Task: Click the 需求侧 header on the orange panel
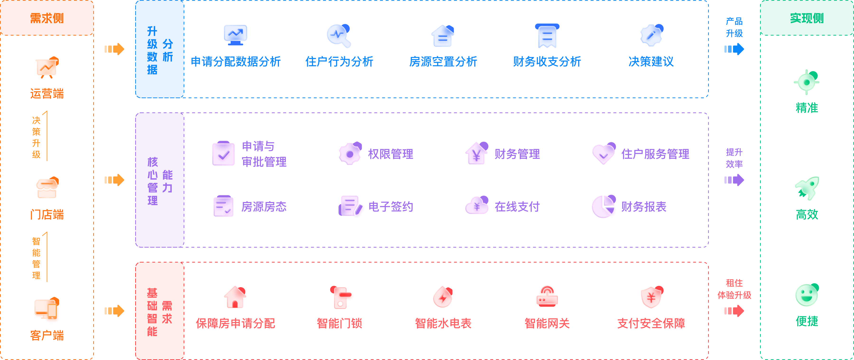[47, 18]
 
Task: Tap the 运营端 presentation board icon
[47, 68]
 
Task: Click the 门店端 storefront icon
[47, 188]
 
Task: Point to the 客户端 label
[47, 336]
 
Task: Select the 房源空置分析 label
[443, 62]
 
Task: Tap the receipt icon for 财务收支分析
[547, 36]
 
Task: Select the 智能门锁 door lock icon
[340, 297]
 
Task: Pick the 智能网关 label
[547, 323]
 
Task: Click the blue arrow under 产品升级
[734, 49]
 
